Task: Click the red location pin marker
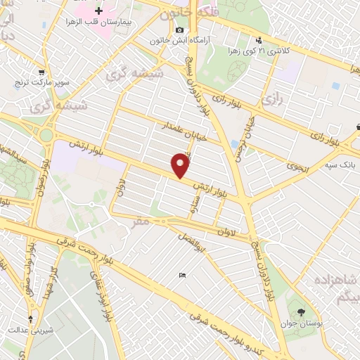[x=182, y=165]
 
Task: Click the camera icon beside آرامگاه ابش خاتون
[x=180, y=30]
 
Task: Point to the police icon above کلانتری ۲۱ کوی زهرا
[x=259, y=39]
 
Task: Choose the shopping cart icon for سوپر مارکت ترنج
[x=41, y=72]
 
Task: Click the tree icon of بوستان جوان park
[x=302, y=311]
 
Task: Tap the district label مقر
[x=141, y=221]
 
